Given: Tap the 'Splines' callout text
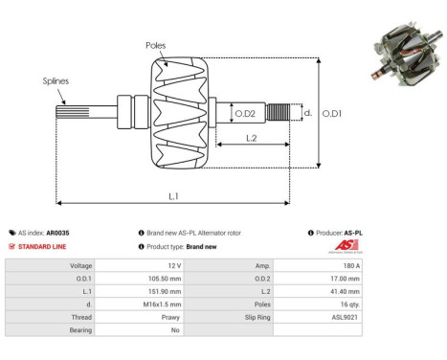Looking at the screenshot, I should pos(56,81).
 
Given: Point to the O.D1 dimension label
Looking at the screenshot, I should pos(331,113).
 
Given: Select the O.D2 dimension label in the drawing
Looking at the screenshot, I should pos(246,114).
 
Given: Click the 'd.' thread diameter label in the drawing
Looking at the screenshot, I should pos(306,113).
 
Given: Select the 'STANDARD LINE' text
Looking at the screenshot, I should pos(43,246).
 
